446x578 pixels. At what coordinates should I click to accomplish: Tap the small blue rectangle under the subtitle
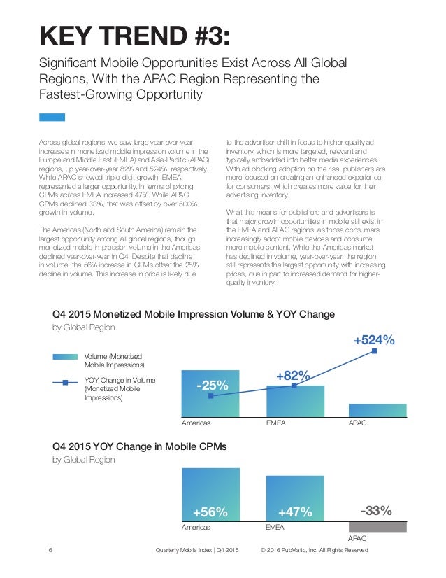click(51, 118)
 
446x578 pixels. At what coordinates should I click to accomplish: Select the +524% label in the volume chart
click(374, 340)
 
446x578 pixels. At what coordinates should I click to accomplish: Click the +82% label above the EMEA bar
click(293, 376)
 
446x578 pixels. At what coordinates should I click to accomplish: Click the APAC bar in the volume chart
click(377, 410)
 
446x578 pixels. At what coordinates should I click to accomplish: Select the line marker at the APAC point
click(374, 351)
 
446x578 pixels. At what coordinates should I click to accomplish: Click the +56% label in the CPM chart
click(210, 512)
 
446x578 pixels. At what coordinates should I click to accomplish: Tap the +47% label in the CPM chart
click(294, 512)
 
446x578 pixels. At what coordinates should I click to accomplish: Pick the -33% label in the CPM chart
click(376, 511)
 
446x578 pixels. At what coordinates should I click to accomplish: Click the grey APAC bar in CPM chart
click(377, 527)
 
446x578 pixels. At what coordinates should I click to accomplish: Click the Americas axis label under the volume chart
click(196, 423)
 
